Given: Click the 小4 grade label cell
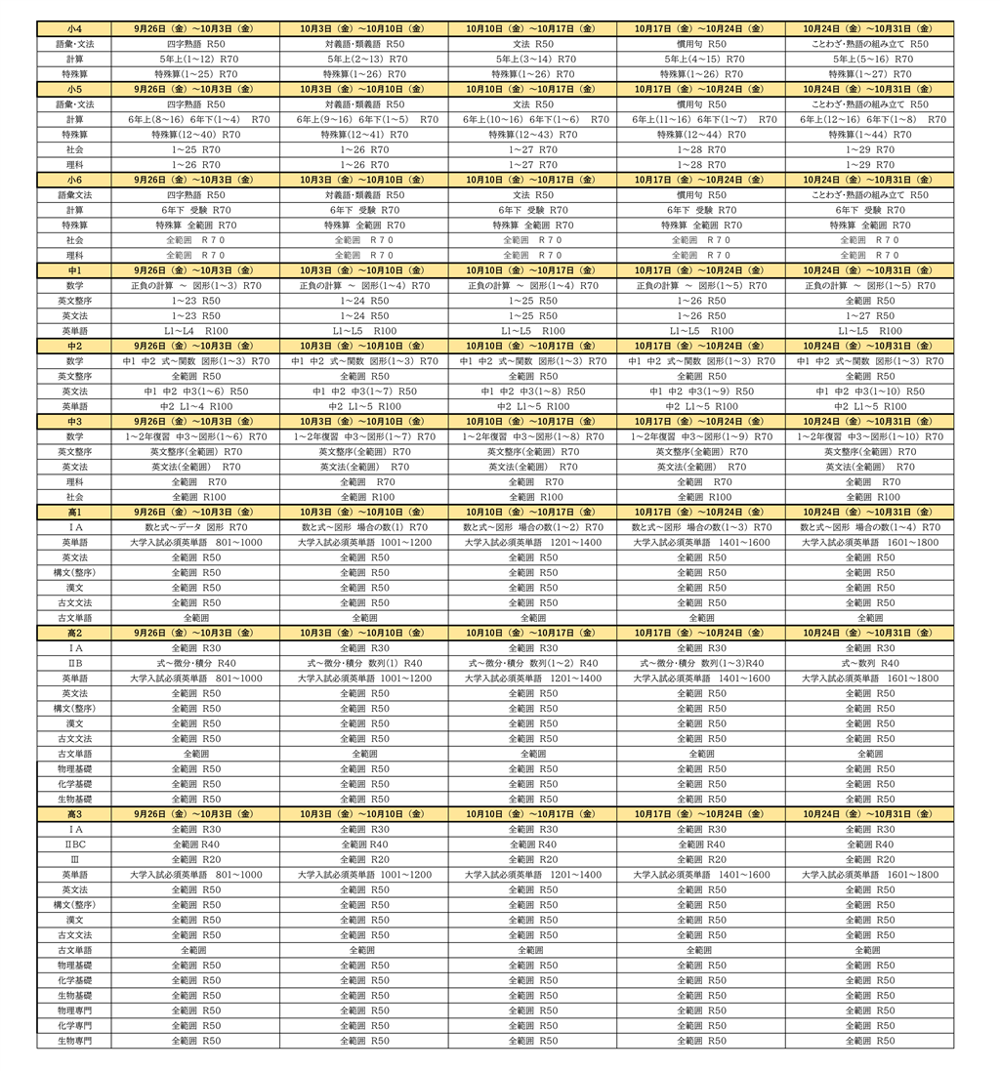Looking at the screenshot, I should pyautogui.click(x=74, y=29).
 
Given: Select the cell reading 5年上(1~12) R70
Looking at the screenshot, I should pyautogui.click(x=195, y=60).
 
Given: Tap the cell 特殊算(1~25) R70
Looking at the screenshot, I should pyautogui.click(x=195, y=74).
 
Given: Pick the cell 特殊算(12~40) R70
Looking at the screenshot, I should pyautogui.click(x=195, y=135).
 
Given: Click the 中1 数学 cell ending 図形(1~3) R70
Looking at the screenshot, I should pyautogui.click(x=195, y=286).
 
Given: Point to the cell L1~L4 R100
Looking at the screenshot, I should pyautogui.click(x=195, y=331).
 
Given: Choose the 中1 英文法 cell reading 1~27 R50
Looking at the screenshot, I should pyautogui.click(x=869, y=316).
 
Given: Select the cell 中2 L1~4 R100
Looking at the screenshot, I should pyautogui.click(x=195, y=406).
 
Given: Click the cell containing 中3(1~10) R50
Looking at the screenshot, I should pyautogui.click(x=869, y=391).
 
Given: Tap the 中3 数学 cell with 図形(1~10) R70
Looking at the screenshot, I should pyautogui.click(x=869, y=436).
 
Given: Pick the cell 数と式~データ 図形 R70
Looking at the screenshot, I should pyautogui.click(x=195, y=527).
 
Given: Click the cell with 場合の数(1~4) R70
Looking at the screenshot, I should pyautogui.click(x=869, y=527).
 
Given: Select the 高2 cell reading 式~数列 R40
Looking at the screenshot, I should pyautogui.click(x=869, y=663).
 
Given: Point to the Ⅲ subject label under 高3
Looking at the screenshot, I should pyautogui.click(x=74, y=859).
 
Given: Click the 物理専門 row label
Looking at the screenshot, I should pyautogui.click(x=74, y=1010).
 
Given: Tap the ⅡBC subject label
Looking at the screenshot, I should pyautogui.click(x=74, y=844).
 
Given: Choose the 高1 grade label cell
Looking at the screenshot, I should pyautogui.click(x=74, y=512).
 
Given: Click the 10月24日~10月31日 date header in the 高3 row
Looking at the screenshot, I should pyautogui.click(x=869, y=814).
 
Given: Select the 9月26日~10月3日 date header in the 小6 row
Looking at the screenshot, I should pyautogui.click(x=195, y=180).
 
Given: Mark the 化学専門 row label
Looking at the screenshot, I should pyautogui.click(x=74, y=1026).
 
